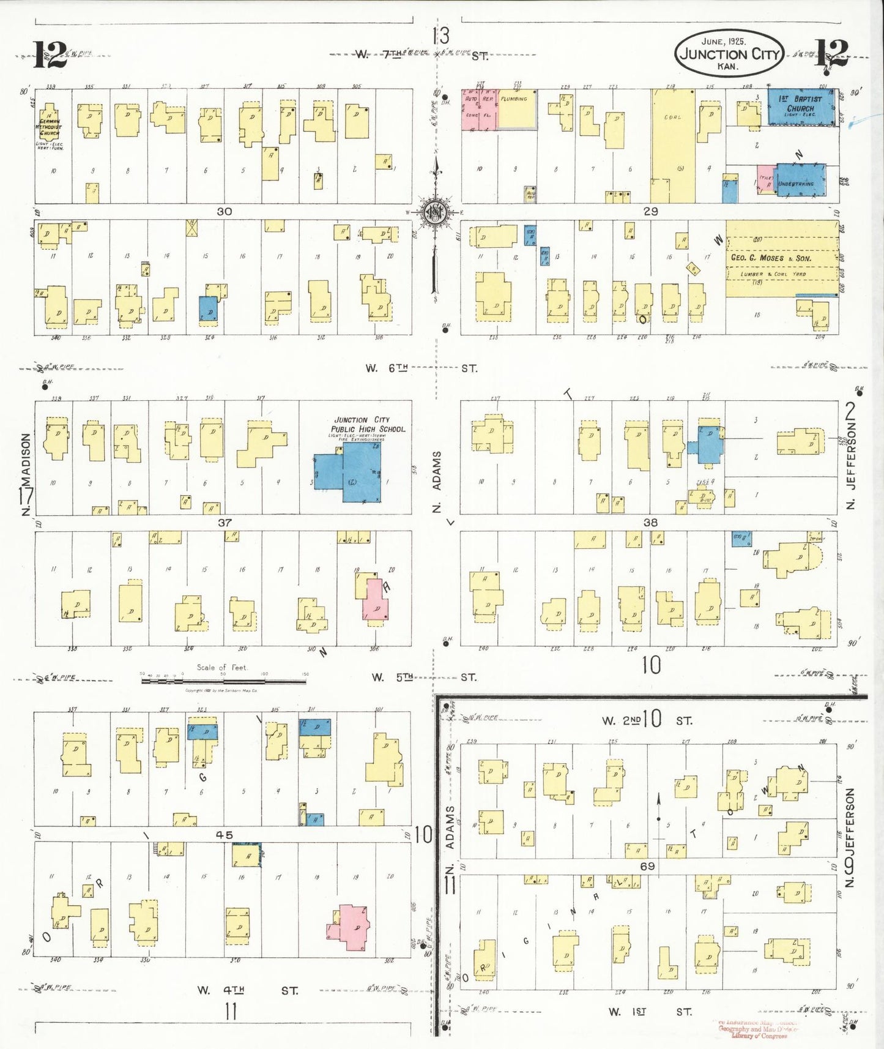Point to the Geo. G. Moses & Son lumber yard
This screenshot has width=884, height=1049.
click(x=781, y=259)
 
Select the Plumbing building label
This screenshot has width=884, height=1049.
click(x=515, y=99)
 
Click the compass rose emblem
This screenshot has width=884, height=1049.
click(x=436, y=212)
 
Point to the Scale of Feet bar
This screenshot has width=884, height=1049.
click(x=223, y=680)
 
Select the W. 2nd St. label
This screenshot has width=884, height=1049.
click(x=647, y=720)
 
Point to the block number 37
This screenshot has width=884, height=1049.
click(x=225, y=523)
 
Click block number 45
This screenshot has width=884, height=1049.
click(x=225, y=835)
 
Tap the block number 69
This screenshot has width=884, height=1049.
click(x=647, y=866)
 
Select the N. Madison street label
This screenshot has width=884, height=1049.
click(x=26, y=474)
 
